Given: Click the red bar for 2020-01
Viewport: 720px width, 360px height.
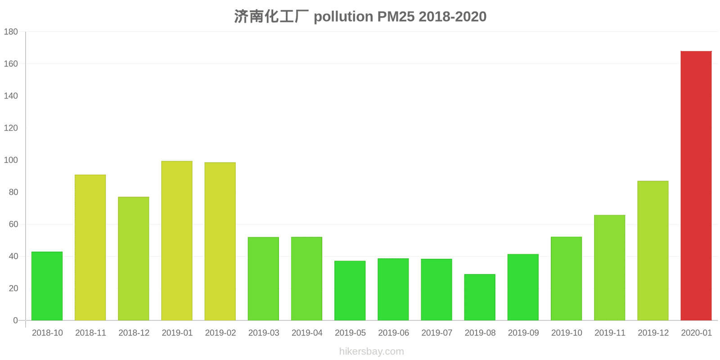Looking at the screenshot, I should [696, 185].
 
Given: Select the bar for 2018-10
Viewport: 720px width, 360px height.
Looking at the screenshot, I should [47, 286].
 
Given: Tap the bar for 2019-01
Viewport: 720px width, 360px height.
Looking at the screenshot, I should [177, 241].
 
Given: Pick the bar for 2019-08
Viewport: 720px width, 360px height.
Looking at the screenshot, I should [480, 297].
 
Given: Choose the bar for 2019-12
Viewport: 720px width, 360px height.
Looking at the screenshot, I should [652, 251].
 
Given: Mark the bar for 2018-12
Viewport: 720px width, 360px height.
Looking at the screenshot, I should [134, 258].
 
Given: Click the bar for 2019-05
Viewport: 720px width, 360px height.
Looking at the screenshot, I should [350, 290].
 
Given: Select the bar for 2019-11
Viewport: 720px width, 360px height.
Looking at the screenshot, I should [609, 267].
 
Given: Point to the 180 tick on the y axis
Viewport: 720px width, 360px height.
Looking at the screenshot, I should [11, 32].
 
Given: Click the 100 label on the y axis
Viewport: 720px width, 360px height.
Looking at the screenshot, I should [11, 160].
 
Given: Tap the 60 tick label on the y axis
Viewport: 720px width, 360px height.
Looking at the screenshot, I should [13, 224].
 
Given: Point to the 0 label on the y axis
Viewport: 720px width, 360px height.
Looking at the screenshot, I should [15, 320].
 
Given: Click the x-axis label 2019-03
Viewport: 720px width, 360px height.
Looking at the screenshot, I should [264, 333].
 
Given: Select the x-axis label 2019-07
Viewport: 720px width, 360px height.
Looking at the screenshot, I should [436, 333].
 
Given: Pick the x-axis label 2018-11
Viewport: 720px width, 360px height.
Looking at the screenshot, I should [90, 333].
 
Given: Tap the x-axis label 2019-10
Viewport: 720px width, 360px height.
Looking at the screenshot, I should [567, 333].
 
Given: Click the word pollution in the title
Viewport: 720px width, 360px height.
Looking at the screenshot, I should [343, 17].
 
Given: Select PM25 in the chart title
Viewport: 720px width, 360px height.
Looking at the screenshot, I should [396, 17].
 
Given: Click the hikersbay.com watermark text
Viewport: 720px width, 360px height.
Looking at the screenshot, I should [371, 351].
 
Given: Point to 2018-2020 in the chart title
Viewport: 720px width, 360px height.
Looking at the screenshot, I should [452, 17].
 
